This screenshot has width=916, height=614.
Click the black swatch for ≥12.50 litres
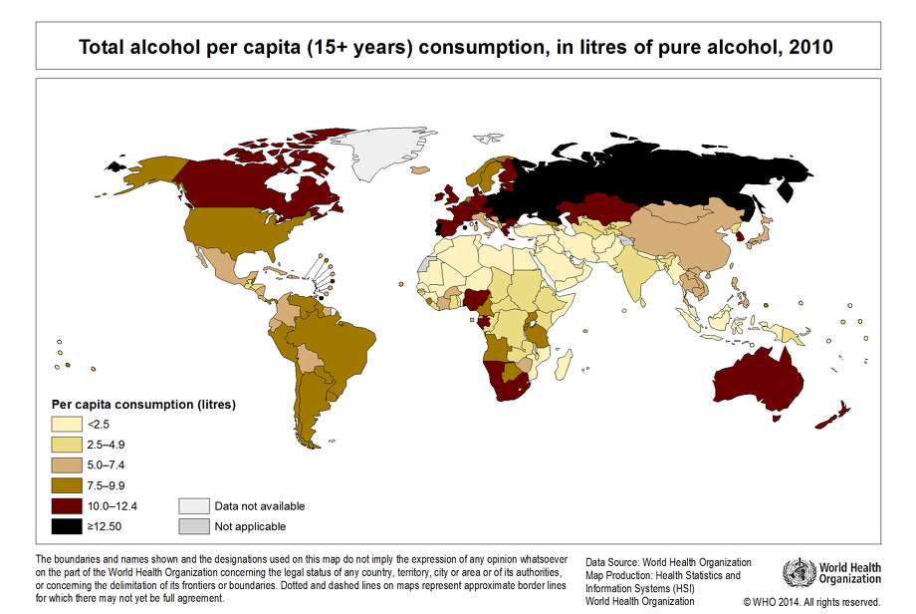67,525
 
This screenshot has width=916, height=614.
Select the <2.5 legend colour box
67,425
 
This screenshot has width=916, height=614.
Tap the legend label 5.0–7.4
107,465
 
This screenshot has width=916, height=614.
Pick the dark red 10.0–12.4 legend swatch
67,505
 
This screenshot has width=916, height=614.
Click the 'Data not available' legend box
193,505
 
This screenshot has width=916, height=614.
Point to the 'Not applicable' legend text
250,526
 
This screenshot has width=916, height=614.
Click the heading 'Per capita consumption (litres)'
143,405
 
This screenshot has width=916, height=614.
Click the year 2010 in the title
808,46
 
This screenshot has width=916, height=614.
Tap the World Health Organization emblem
799,572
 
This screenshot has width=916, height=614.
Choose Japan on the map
761,235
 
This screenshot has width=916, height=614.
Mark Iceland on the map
419,169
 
